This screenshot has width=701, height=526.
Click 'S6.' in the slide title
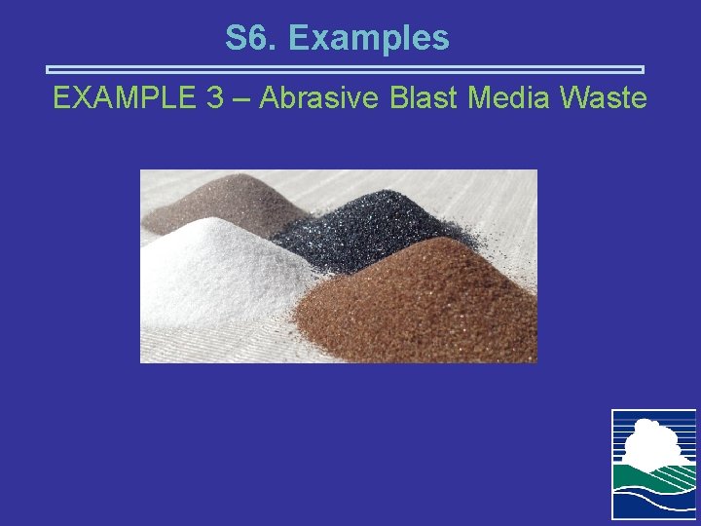[x=251, y=38]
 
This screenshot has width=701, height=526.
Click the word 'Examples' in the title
[x=369, y=38]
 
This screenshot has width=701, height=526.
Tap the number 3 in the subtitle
[x=215, y=98]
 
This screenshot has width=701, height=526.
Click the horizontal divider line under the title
[x=346, y=70]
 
